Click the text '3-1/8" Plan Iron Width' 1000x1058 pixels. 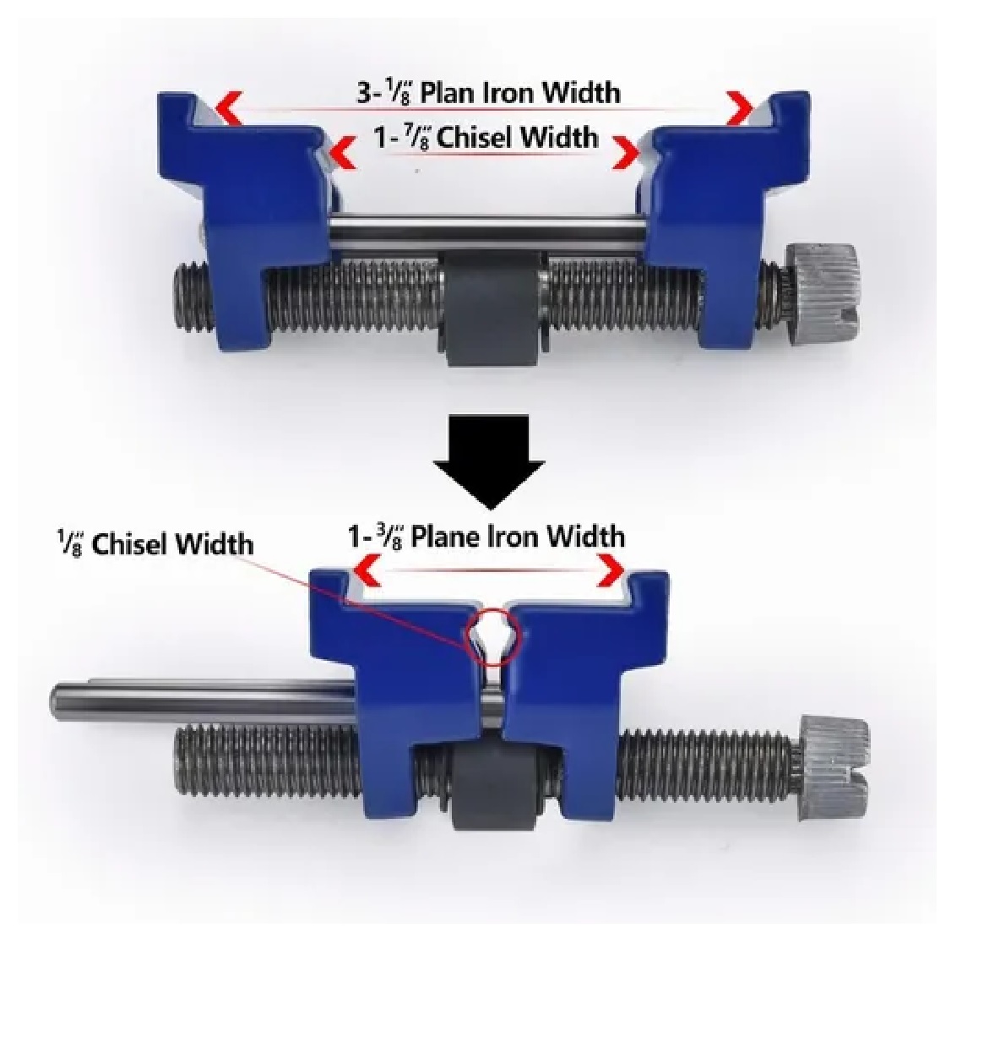click(x=488, y=93)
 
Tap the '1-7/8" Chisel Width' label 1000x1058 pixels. click(x=486, y=138)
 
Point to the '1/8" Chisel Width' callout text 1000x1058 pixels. click(x=155, y=543)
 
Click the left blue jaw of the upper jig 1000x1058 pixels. click(x=245, y=215)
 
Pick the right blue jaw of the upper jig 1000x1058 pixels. click(x=726, y=215)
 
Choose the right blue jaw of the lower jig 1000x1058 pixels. click(x=586, y=689)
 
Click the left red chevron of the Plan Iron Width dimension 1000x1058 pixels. click(x=227, y=107)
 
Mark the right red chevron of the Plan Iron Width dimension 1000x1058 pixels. click(x=740, y=108)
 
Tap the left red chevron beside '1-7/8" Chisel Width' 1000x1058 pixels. click(x=342, y=153)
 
